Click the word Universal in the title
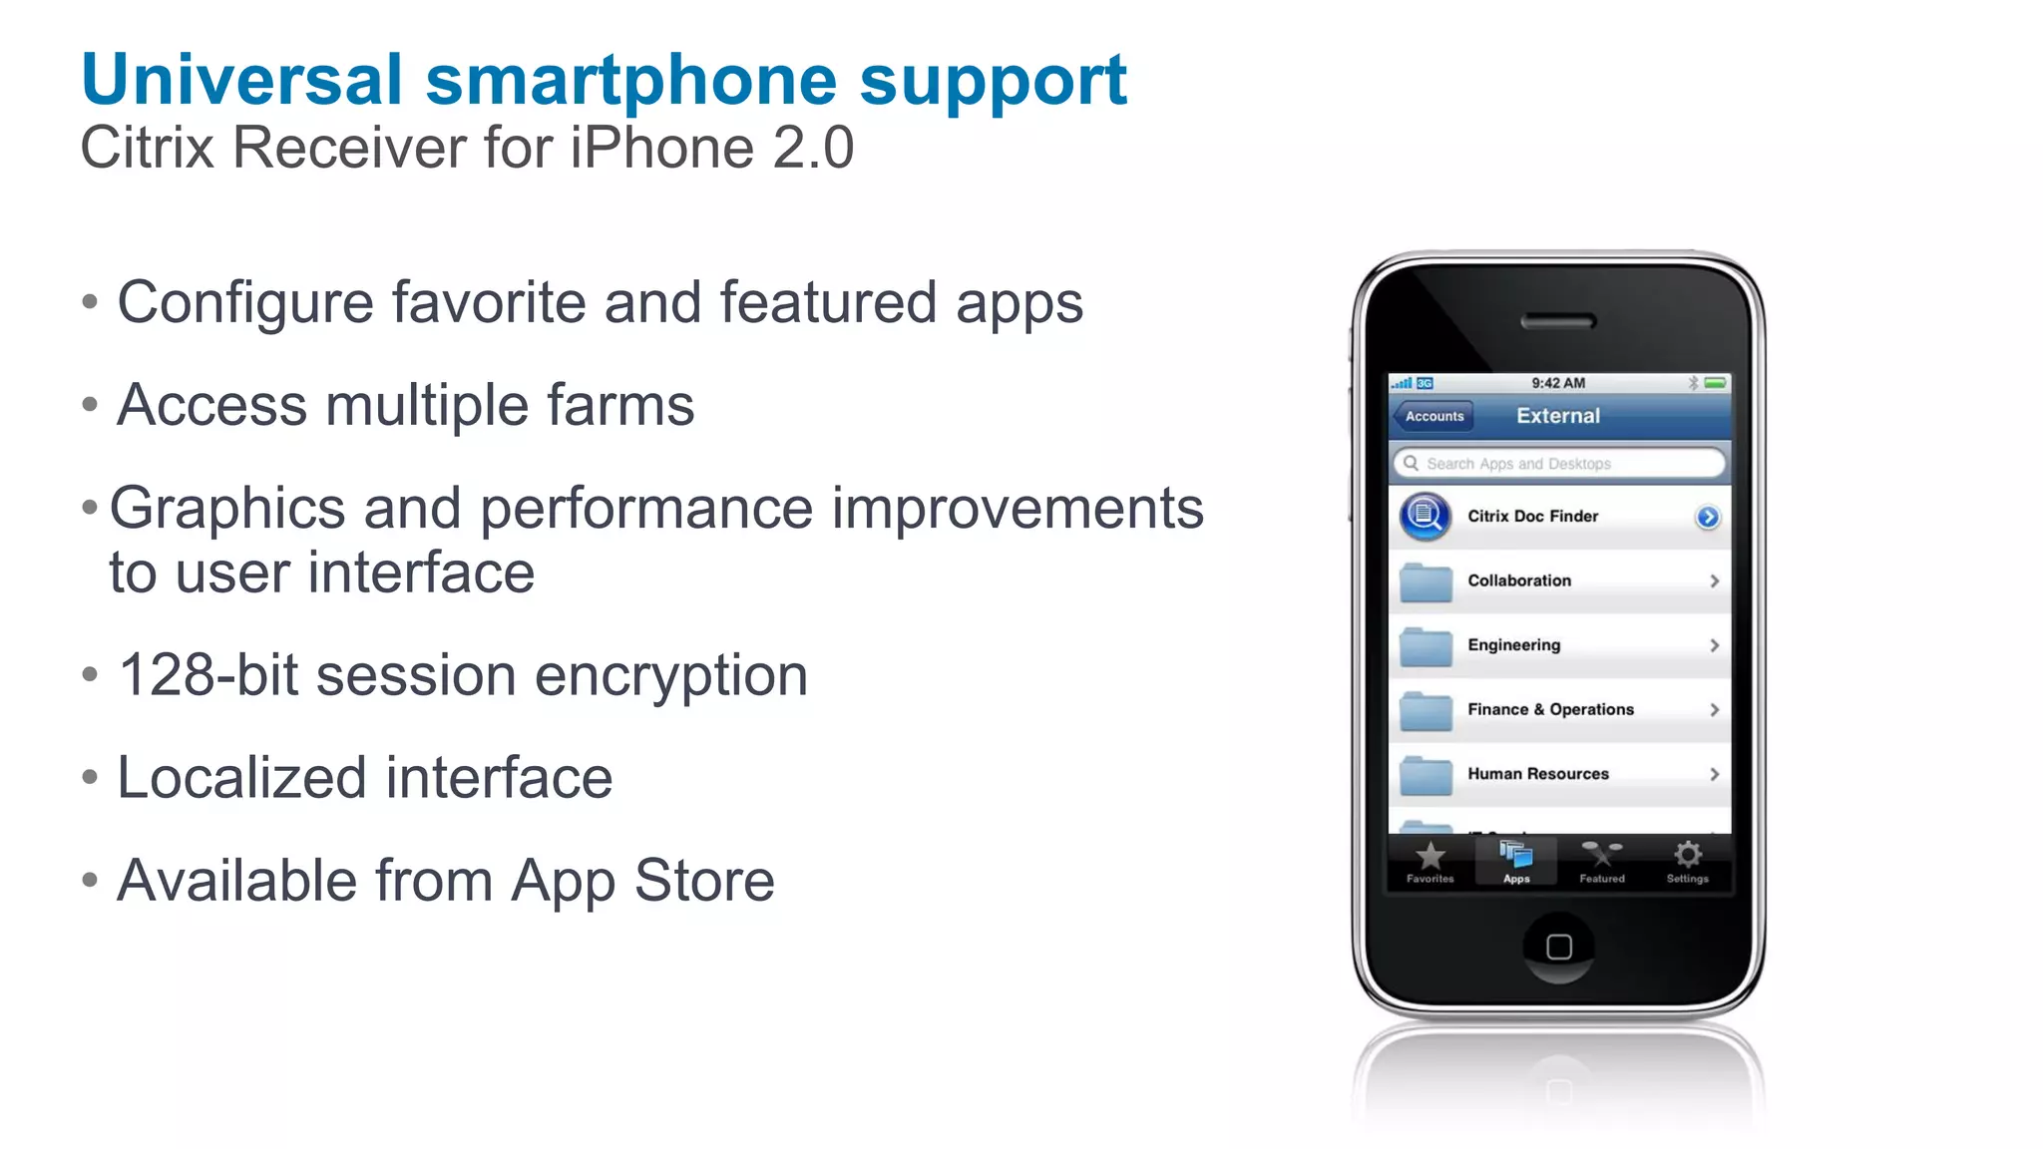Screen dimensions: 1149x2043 (241, 80)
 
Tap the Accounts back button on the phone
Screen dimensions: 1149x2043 (1433, 416)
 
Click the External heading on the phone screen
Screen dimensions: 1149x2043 (1557, 416)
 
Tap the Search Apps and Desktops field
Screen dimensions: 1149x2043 (1558, 464)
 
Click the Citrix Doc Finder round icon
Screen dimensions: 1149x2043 (1425, 517)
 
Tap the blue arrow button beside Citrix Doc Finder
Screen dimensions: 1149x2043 (1707, 517)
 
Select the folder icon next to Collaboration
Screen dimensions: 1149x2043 (1426, 582)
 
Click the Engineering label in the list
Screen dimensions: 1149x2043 (1513, 645)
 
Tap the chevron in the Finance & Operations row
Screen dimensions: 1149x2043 (1714, 710)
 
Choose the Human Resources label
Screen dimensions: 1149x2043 (1537, 774)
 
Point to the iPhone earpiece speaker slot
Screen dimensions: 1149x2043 (1558, 321)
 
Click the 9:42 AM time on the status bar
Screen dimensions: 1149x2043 (1558, 383)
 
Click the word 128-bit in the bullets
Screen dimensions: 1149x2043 (207, 676)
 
